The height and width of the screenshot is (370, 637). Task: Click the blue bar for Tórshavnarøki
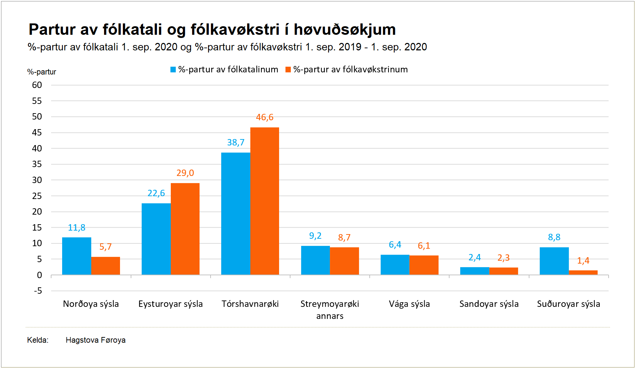(235, 214)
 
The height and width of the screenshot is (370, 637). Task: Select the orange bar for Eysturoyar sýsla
(185, 229)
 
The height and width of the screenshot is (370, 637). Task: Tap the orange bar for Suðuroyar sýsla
(583, 272)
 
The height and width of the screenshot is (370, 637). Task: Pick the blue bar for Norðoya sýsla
(77, 256)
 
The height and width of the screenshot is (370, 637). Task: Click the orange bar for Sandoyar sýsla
(503, 271)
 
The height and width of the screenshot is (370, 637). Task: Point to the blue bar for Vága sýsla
(395, 265)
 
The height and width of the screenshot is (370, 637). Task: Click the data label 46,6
(265, 117)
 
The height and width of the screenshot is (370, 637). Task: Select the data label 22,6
(156, 193)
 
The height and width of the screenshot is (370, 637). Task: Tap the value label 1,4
(583, 261)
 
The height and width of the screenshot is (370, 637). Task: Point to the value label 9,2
(315, 236)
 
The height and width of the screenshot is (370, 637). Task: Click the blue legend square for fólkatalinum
(173, 70)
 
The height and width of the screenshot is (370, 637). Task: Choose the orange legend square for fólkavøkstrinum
(288, 70)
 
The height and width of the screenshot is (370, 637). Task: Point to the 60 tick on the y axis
(37, 85)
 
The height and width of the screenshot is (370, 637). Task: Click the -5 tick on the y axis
(38, 291)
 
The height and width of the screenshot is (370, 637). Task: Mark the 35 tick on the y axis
(37, 164)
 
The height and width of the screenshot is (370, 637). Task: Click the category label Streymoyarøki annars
(330, 310)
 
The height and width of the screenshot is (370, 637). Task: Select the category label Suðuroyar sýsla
(568, 304)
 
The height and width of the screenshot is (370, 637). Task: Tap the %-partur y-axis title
(42, 72)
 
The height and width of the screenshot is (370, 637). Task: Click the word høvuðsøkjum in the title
(344, 30)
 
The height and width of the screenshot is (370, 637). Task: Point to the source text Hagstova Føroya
(96, 340)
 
